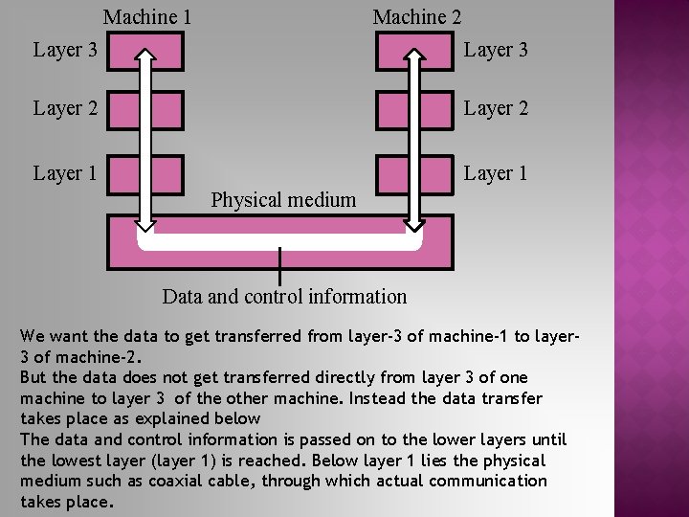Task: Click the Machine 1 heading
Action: pyautogui.click(x=147, y=17)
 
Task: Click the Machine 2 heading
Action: pyautogui.click(x=416, y=17)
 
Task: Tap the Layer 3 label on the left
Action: pyautogui.click(x=65, y=50)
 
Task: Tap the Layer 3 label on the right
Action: pyautogui.click(x=496, y=50)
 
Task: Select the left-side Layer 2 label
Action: pyautogui.click(x=65, y=108)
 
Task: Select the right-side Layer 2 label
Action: pyautogui.click(x=496, y=108)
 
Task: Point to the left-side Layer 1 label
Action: pyautogui.click(x=65, y=173)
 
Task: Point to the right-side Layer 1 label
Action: pyautogui.click(x=496, y=173)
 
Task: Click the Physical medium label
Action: pyautogui.click(x=283, y=200)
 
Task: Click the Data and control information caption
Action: pyautogui.click(x=284, y=297)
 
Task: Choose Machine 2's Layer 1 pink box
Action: pyautogui.click(x=391, y=174)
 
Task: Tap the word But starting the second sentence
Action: pyautogui.click(x=33, y=377)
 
